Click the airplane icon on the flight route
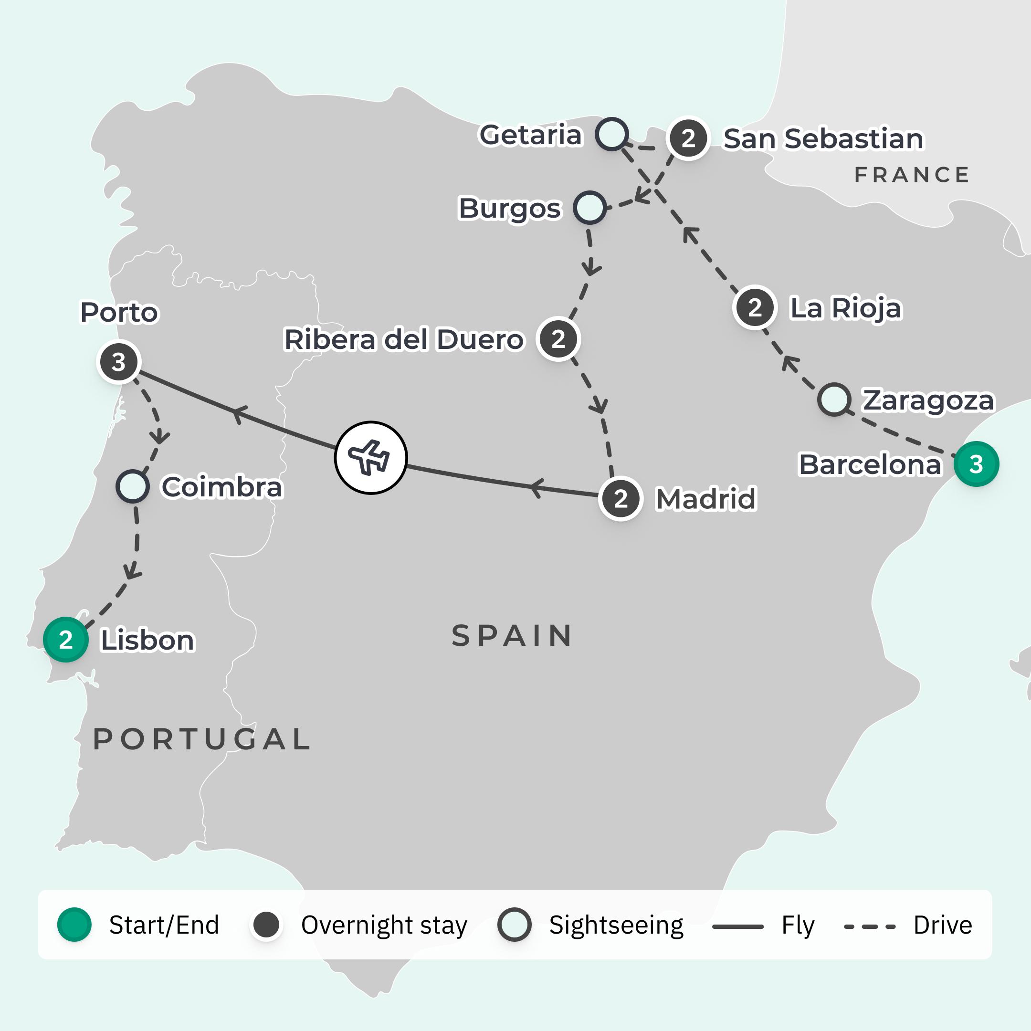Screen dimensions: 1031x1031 pyautogui.click(x=371, y=457)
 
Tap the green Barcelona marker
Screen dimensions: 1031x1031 pyautogui.click(x=976, y=464)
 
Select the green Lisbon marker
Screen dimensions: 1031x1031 pyautogui.click(x=66, y=639)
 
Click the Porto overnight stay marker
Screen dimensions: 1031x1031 pyautogui.click(x=119, y=362)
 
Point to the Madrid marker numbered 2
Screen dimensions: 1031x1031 pyautogui.click(x=620, y=499)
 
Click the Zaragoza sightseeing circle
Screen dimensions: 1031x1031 pyautogui.click(x=834, y=399)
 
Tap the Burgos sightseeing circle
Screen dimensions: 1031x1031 pyautogui.click(x=589, y=208)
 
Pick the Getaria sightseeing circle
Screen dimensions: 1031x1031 pyautogui.click(x=611, y=134)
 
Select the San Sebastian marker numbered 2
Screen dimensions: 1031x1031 pyautogui.click(x=688, y=138)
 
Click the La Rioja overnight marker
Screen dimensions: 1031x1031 pyautogui.click(x=755, y=307)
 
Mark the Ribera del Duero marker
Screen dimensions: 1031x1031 pyautogui.click(x=558, y=339)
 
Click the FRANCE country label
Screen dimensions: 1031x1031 pyautogui.click(x=912, y=175)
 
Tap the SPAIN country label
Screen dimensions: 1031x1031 pyautogui.click(x=512, y=636)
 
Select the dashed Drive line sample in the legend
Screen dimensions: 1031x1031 pyautogui.click(x=870, y=926)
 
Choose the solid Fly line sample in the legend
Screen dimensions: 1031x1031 pyautogui.click(x=738, y=926)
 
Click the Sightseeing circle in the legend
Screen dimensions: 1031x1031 pyautogui.click(x=514, y=924)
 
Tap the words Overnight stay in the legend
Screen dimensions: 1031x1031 pyautogui.click(x=384, y=926)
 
